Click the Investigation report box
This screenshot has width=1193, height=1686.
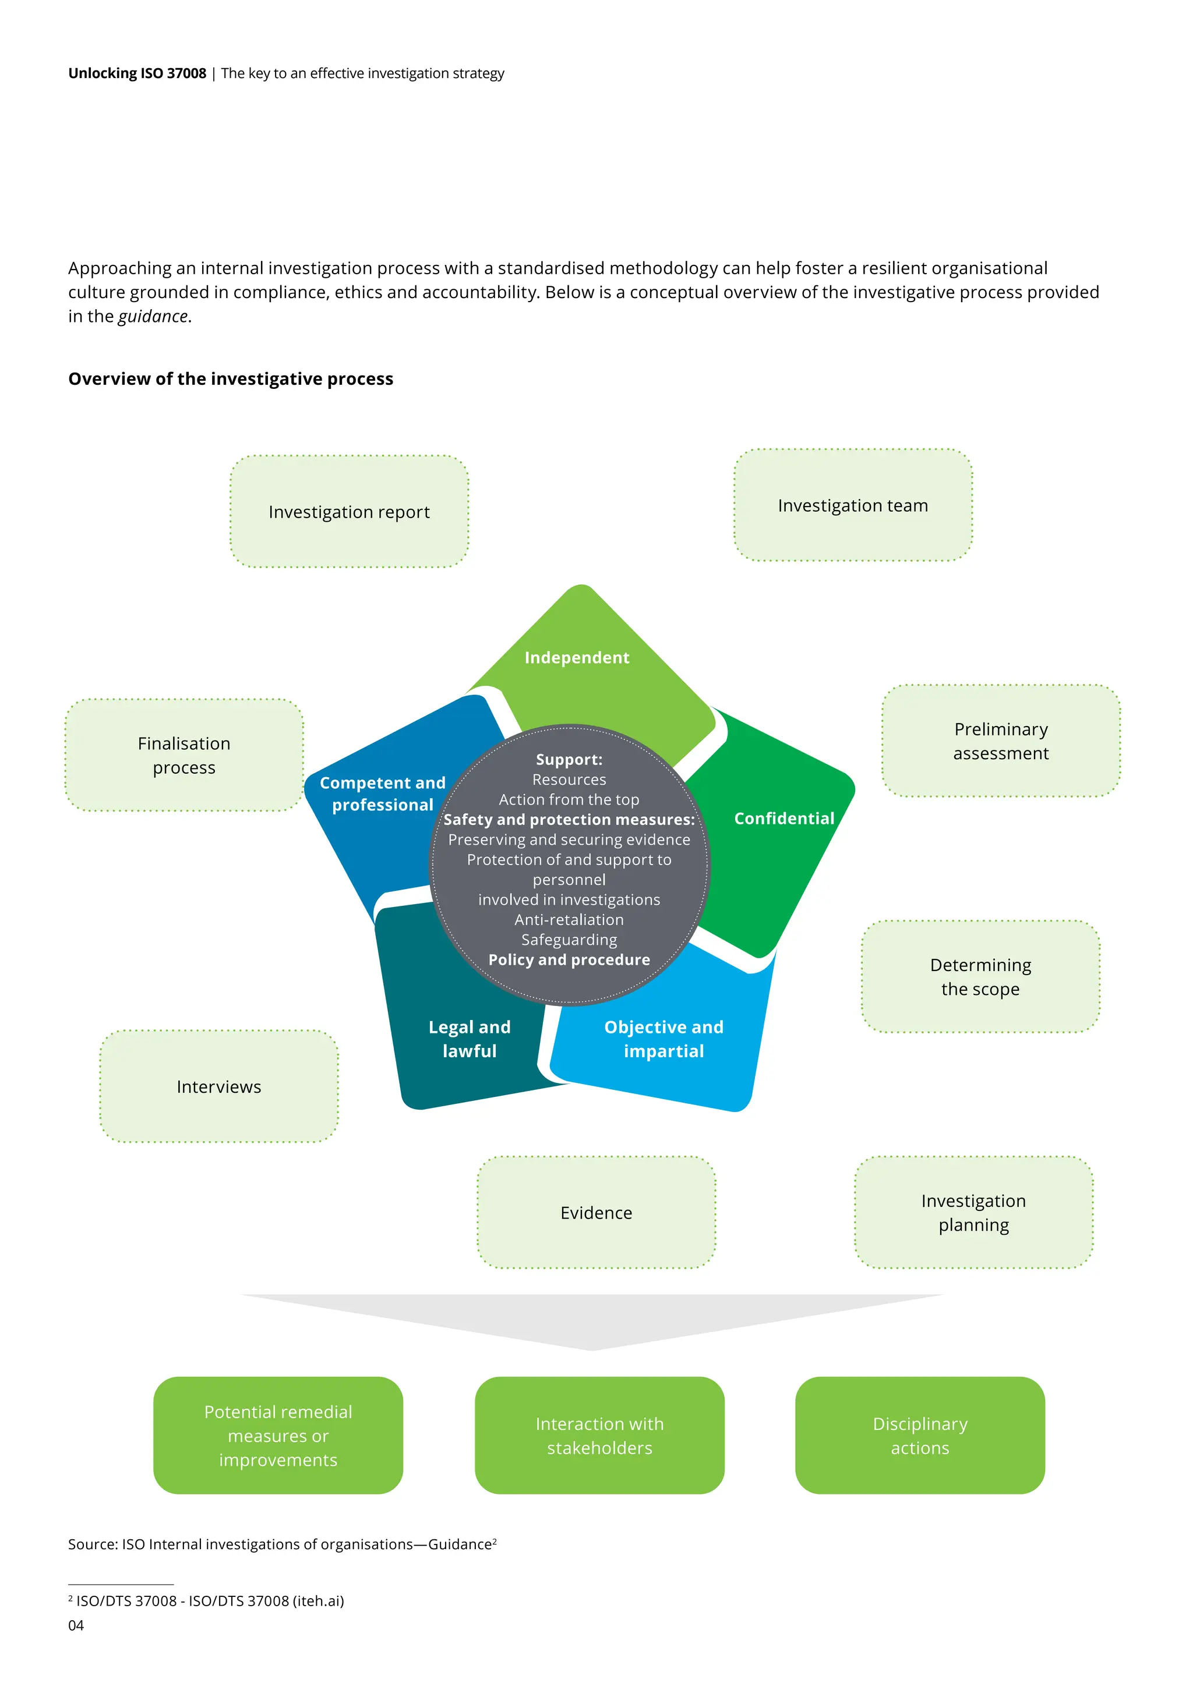point(349,512)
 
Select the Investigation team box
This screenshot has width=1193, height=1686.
point(853,505)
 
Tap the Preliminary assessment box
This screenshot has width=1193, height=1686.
point(1001,741)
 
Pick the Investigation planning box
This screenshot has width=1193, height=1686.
point(973,1212)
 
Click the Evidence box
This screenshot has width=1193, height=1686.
point(596,1212)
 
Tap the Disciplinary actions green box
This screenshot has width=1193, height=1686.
point(920,1436)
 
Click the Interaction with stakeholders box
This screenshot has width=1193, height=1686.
point(599,1436)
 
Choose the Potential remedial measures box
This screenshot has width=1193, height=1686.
point(278,1436)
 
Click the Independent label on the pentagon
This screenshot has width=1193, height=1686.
point(577,657)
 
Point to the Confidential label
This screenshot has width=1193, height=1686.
point(784,818)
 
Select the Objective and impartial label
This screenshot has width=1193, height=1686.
point(663,1039)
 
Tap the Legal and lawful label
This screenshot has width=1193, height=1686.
point(470,1039)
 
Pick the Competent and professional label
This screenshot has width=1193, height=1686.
point(382,794)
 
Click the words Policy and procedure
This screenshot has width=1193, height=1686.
point(569,960)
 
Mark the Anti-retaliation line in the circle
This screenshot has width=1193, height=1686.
point(569,919)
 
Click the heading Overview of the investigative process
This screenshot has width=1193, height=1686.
point(231,379)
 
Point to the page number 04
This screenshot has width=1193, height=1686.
point(76,1625)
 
